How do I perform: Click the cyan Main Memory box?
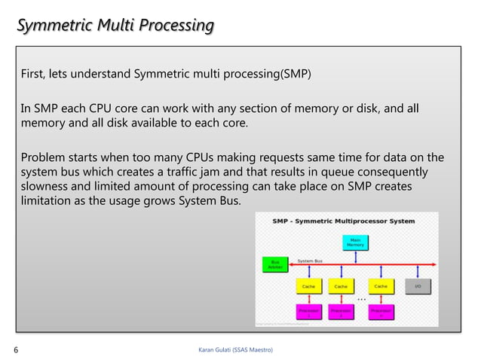(x=354, y=242)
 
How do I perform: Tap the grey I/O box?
(x=418, y=286)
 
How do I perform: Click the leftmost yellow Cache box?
(x=308, y=286)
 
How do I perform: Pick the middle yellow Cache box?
(x=341, y=286)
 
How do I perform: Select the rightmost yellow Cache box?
(x=380, y=286)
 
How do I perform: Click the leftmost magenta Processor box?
(x=308, y=311)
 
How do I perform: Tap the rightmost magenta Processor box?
(x=380, y=311)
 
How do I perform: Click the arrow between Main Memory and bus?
(x=354, y=257)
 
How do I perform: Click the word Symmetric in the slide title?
(x=49, y=26)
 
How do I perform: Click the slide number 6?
(x=17, y=349)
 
